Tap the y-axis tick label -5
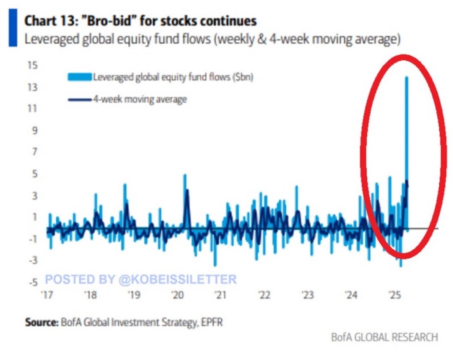(32, 283)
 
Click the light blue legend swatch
(80, 77)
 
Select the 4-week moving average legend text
(140, 99)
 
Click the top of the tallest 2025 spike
(407, 78)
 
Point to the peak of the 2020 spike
(185, 175)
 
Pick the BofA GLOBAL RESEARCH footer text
(384, 337)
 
